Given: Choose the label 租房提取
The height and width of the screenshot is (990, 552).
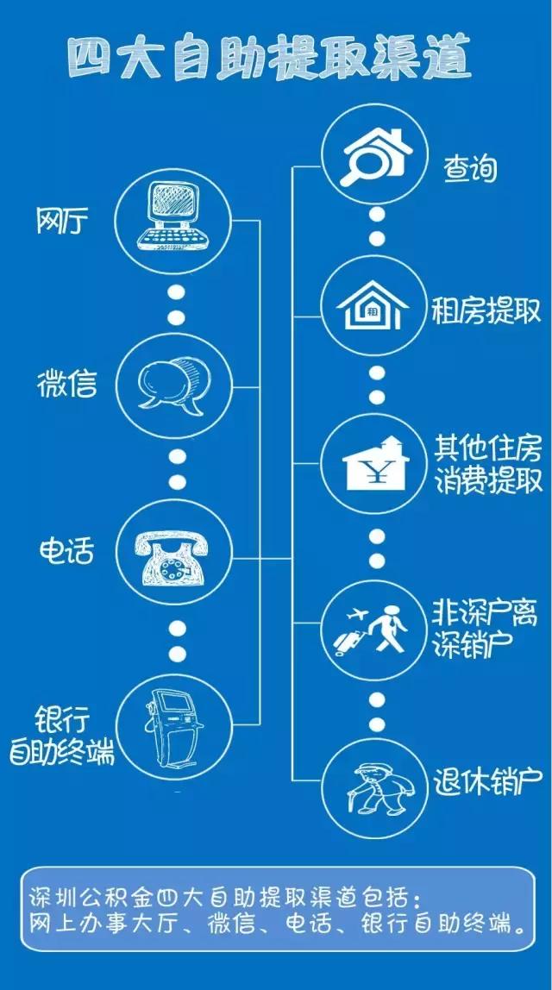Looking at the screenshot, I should click(486, 310).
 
